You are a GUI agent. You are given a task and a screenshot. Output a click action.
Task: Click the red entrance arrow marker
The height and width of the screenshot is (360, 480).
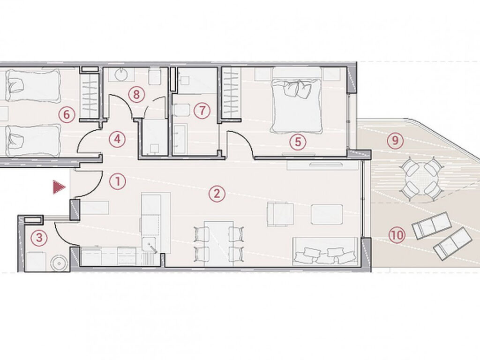pyautogui.click(x=59, y=187)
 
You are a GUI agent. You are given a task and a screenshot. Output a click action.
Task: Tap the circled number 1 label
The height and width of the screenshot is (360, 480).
pyautogui.click(x=118, y=181)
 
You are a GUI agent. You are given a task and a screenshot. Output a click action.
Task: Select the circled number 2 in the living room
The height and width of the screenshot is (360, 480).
pyautogui.click(x=217, y=194)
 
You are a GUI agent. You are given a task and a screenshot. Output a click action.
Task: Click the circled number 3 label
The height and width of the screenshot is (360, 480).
pyautogui.click(x=39, y=238)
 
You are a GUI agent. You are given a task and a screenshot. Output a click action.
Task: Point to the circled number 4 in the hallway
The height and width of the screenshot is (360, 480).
pyautogui.click(x=117, y=139)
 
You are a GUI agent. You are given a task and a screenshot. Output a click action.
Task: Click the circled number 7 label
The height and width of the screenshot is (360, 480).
pyautogui.click(x=202, y=110)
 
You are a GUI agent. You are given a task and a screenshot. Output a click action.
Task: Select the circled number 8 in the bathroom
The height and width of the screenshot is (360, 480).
pyautogui.click(x=136, y=94)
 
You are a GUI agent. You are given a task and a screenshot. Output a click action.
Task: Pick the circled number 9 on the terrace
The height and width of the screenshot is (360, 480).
pyautogui.click(x=395, y=140)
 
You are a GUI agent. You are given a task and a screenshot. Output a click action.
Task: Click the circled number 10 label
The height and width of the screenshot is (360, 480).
pyautogui.click(x=397, y=235)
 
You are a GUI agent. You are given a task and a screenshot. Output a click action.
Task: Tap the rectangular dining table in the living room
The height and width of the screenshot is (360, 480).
pyautogui.click(x=219, y=243)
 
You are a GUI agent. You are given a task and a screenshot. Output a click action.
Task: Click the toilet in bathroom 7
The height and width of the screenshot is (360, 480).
pyautogui.click(x=181, y=110)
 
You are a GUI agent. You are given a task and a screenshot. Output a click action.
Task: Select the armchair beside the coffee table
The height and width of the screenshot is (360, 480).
pyautogui.click(x=280, y=214)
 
